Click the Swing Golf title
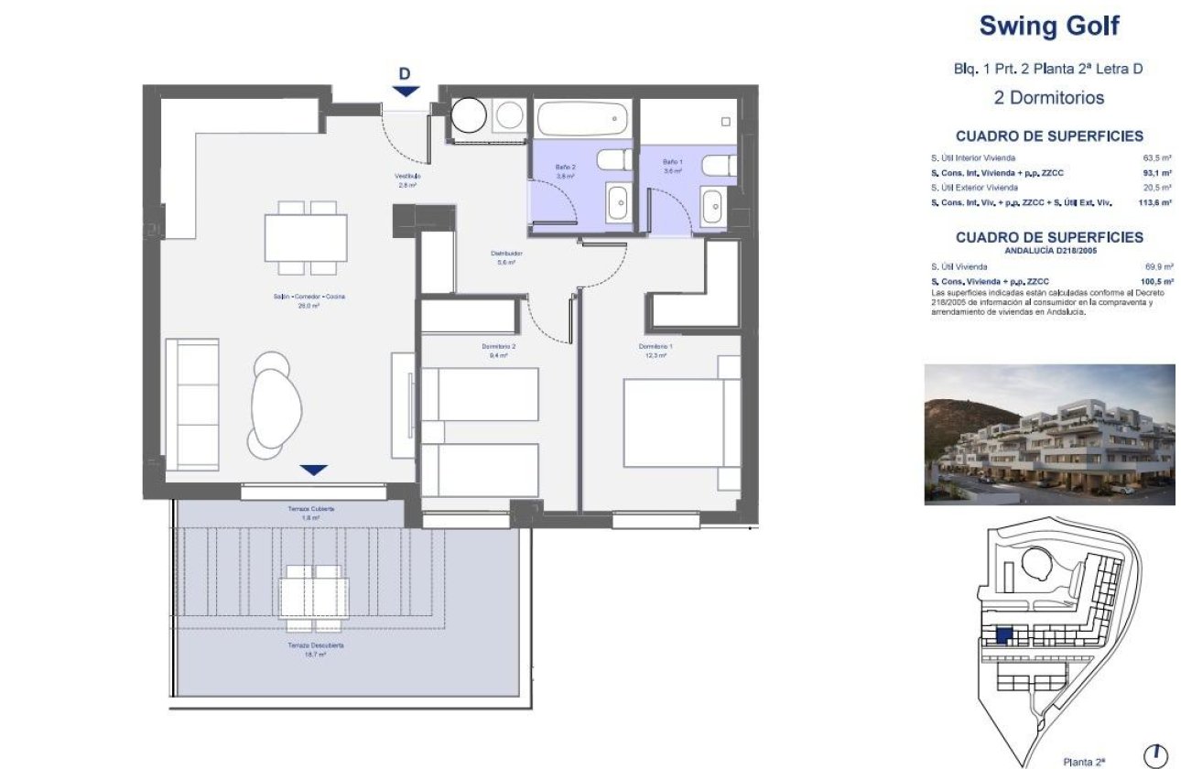[1048, 26]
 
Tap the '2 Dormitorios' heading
[1048, 97]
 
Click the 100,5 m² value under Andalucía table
[1156, 282]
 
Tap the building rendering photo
[1049, 434]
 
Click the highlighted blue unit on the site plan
[1003, 635]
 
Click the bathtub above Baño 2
[582, 119]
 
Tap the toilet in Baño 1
[718, 165]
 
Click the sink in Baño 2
[618, 201]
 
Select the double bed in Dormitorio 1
[682, 424]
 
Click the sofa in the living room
[192, 404]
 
